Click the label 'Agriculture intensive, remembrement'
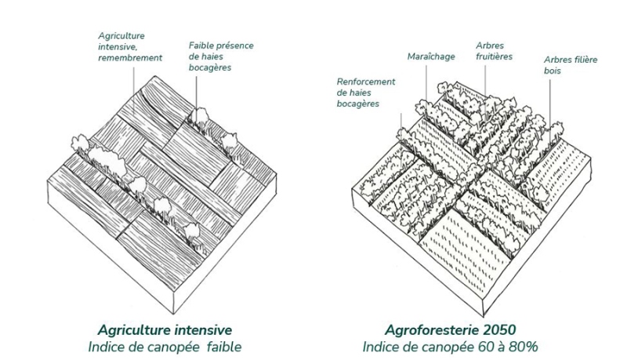[x=130, y=46]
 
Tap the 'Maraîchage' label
[x=430, y=56]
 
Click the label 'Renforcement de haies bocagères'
[x=366, y=92]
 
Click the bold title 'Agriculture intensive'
[x=165, y=329]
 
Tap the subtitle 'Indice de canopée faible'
[x=165, y=346]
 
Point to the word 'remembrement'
[x=130, y=57]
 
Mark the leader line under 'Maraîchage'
[x=428, y=82]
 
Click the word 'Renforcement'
[x=366, y=81]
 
